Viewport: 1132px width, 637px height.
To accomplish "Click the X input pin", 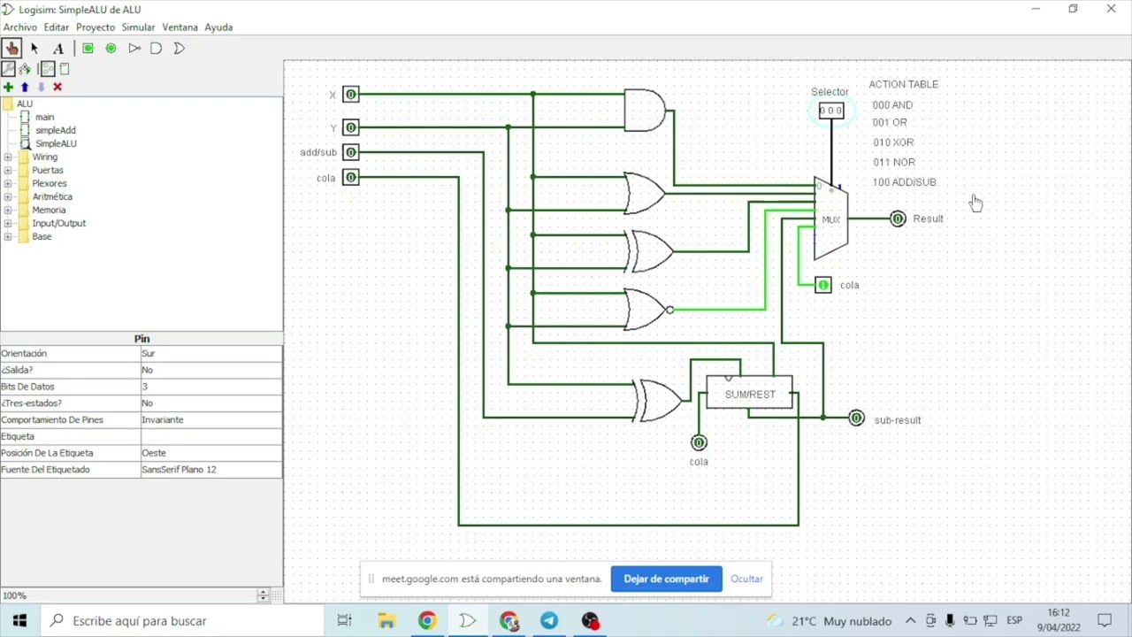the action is [351, 94].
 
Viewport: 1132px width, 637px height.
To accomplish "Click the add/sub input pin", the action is [351, 152].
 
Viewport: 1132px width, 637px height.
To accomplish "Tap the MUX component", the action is [830, 219].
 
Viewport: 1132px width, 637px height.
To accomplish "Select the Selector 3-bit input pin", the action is [831, 111].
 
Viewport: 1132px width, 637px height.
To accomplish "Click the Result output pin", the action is [898, 219].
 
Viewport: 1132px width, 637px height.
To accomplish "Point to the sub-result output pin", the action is [856, 418].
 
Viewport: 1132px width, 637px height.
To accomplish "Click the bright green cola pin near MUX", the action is [823, 285].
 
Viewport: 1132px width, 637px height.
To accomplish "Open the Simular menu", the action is [138, 27].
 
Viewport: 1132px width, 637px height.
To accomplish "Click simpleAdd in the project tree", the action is [56, 130].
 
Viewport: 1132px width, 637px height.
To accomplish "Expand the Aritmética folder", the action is [8, 196].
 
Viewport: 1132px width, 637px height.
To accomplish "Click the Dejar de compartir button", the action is [666, 579].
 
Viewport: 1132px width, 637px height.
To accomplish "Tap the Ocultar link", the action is [746, 579].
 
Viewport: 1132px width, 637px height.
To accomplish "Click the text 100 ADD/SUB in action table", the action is [904, 182].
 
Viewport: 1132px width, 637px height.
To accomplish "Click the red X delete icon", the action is [57, 87].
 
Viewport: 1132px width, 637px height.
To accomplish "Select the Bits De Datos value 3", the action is [144, 387].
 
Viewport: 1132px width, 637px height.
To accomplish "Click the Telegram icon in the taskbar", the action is [549, 620].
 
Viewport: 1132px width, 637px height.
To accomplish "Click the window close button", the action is [1111, 9].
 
